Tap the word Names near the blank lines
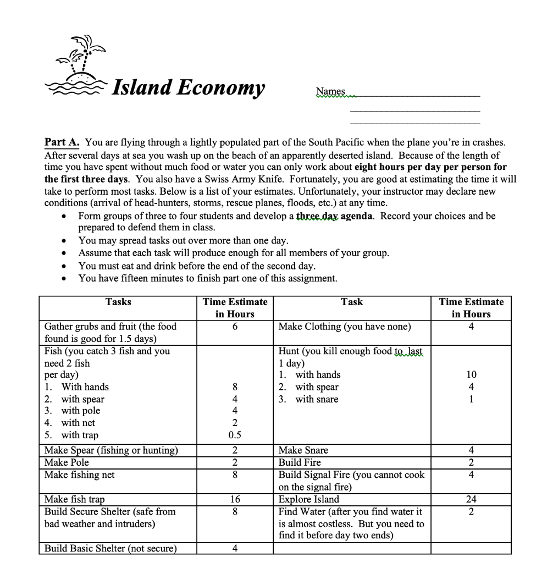click(330, 91)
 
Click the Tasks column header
click(118, 302)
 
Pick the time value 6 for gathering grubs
click(235, 327)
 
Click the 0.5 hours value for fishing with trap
click(235, 435)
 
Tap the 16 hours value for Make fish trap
click(235, 499)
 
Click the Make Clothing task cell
click(345, 327)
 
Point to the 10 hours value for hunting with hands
click(471, 375)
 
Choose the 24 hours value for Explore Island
click(471, 499)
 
